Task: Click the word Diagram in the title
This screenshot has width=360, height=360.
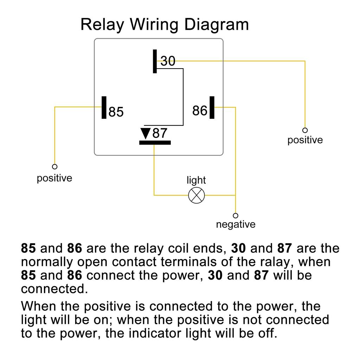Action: [x=217, y=25]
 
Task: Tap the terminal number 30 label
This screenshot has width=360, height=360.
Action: [x=168, y=61]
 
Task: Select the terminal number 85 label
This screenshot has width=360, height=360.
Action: [x=116, y=112]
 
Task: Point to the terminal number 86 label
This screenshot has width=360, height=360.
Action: [x=200, y=111]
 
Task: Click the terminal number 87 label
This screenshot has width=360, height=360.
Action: [x=160, y=134]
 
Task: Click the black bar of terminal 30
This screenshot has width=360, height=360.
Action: [x=155, y=61]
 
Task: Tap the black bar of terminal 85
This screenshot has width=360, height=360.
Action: [x=104, y=107]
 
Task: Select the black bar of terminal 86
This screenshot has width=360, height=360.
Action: [x=212, y=107]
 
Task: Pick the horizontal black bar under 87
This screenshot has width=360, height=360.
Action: [x=155, y=142]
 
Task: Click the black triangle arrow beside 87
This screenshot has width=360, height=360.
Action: [x=145, y=134]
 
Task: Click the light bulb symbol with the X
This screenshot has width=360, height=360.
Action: [x=196, y=195]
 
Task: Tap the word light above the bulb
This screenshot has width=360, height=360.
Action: [x=196, y=180]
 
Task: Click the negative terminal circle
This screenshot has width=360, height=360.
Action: [x=236, y=216]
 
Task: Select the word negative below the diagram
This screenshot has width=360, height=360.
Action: [x=236, y=224]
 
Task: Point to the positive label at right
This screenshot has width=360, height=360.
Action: [x=305, y=140]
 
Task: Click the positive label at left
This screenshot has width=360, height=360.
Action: [x=54, y=178]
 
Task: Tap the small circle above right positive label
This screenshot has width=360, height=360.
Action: [x=305, y=130]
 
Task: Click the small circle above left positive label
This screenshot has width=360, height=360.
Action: [x=54, y=167]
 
